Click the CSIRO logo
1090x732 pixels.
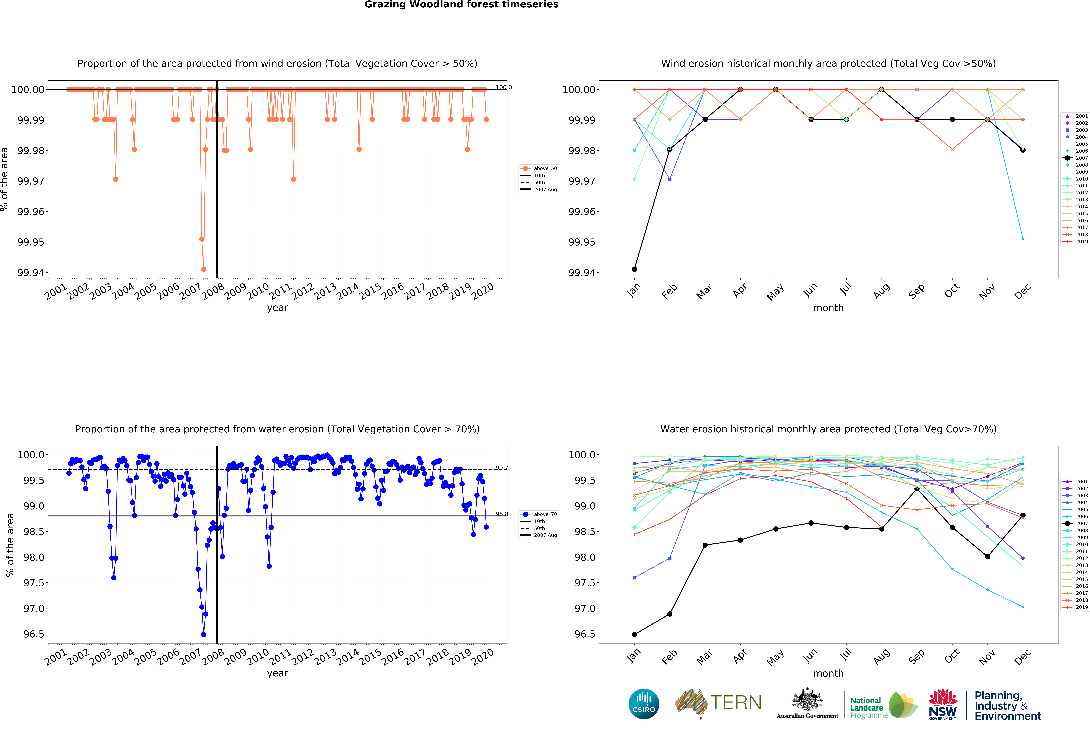point(643,704)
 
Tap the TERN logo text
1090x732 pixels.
point(736,703)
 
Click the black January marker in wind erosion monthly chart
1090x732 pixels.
point(634,269)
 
